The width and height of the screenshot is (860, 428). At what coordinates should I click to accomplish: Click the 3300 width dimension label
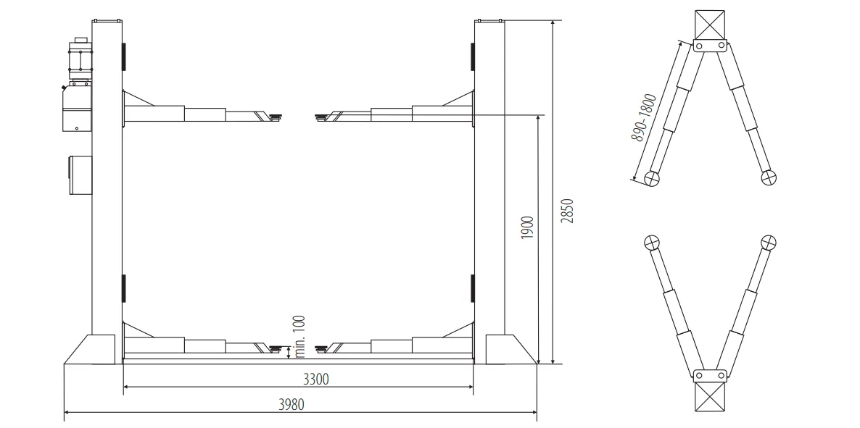tap(316, 379)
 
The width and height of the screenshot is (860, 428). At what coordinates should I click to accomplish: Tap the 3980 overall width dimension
tap(292, 404)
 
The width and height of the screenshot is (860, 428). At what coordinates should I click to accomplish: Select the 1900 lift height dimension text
tap(527, 227)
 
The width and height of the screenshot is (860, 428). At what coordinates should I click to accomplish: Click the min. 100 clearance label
tap(300, 337)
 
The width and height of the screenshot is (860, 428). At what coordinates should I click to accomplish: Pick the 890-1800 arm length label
tap(644, 118)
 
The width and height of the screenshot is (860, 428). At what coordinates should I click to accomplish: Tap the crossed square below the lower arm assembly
tap(710, 398)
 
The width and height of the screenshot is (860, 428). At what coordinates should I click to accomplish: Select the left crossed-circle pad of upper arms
tap(651, 178)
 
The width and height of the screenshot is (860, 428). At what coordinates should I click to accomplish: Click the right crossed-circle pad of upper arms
tap(769, 177)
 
